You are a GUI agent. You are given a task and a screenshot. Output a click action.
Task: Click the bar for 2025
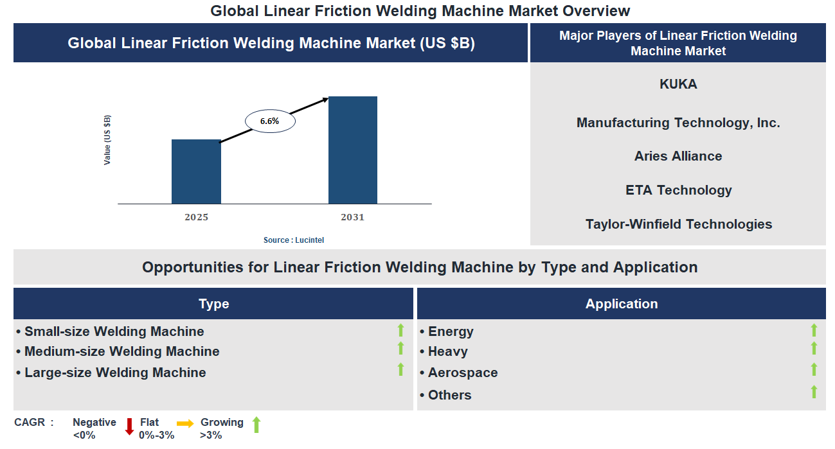(196, 172)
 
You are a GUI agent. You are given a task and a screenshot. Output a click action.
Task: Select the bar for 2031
(352, 150)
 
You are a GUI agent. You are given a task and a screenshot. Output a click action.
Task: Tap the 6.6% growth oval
(270, 121)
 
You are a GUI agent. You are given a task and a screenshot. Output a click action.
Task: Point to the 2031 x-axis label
(352, 217)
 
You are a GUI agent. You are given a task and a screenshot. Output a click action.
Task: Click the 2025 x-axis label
(196, 217)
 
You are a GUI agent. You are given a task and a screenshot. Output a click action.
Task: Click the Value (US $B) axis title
(107, 140)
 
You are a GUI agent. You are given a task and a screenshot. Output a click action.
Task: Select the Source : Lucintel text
(294, 240)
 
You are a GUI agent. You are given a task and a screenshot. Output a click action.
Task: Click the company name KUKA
(678, 84)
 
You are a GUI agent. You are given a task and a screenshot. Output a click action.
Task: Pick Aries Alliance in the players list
(678, 156)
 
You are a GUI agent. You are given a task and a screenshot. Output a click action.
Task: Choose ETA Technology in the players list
(678, 190)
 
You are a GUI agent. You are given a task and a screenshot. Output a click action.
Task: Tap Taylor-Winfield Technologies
(678, 224)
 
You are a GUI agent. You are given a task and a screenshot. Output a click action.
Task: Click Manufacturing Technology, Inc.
(678, 123)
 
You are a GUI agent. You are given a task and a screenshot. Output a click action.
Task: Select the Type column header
(213, 304)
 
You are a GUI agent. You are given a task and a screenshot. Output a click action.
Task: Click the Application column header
(621, 304)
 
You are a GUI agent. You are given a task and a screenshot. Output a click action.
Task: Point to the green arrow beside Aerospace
(814, 369)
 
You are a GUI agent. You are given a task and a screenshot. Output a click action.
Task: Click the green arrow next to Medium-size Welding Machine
(400, 348)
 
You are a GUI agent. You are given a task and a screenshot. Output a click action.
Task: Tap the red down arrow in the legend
(129, 426)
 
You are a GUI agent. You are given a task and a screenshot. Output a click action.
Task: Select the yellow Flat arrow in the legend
(185, 423)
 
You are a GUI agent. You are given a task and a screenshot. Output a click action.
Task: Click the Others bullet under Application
(449, 395)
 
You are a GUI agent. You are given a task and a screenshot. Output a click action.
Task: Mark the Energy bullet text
(451, 331)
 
